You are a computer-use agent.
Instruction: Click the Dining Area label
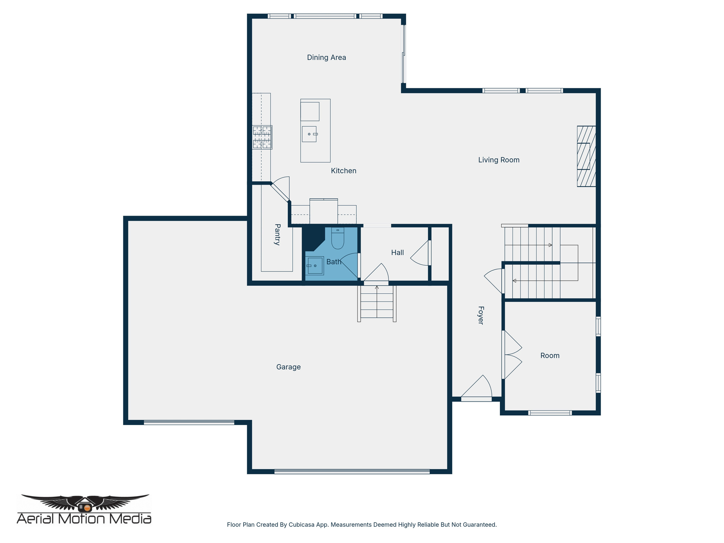[x=326, y=58]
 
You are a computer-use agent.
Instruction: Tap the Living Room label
[x=498, y=160]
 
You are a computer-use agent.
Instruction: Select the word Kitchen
[x=343, y=171]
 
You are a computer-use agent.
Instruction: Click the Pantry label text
[x=278, y=234]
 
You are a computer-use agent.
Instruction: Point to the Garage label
[x=288, y=367]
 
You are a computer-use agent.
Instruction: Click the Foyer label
[x=481, y=315]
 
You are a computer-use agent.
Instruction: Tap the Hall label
[x=397, y=252]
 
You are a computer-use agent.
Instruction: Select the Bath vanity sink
[x=314, y=265]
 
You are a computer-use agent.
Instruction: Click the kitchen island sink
[x=309, y=134]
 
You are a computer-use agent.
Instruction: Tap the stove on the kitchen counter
[x=262, y=137]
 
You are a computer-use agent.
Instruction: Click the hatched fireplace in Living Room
[x=586, y=156]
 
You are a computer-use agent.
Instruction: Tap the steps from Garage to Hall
[x=377, y=303]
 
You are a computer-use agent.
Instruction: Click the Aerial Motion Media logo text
[x=84, y=519]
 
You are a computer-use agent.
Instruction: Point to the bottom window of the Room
[x=550, y=413]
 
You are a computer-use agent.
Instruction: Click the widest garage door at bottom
[x=352, y=471]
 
